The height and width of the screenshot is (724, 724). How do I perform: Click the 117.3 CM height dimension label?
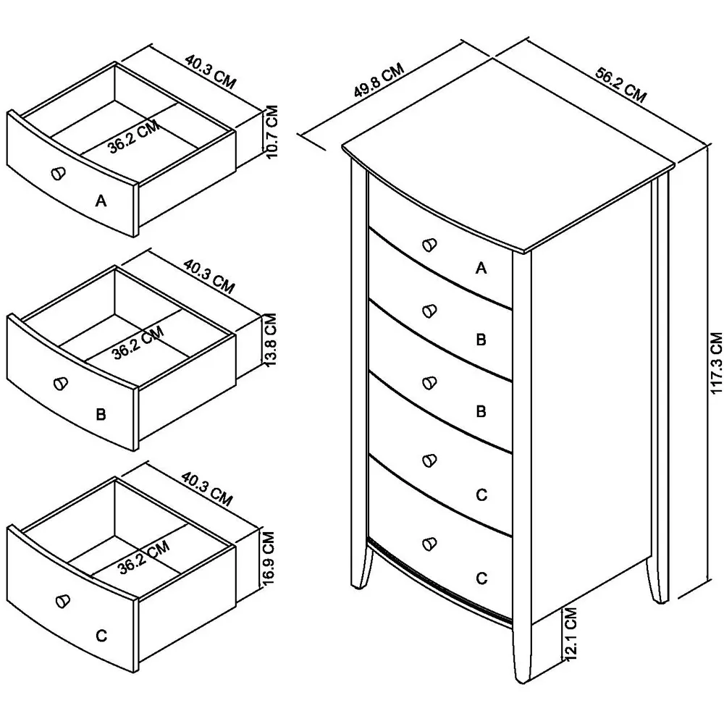click(716, 363)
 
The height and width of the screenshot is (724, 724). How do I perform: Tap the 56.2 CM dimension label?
click(620, 85)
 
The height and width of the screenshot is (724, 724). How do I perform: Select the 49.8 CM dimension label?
click(379, 80)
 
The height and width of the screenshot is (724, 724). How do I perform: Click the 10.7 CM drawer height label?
click(272, 132)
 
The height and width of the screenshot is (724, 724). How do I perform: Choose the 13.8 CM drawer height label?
click(271, 340)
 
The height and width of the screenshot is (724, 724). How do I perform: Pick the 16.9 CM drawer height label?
click(268, 558)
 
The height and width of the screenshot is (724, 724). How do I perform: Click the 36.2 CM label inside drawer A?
click(135, 137)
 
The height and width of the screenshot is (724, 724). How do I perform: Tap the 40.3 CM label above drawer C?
click(206, 489)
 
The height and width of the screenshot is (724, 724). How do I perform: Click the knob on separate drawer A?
click(58, 173)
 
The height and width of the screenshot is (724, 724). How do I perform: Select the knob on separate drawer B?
click(61, 384)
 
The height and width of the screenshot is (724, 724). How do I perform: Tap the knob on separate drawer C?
click(62, 600)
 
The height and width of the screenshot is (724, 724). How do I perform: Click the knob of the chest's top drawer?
click(429, 245)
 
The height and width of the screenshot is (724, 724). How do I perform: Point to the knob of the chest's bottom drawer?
click(429, 544)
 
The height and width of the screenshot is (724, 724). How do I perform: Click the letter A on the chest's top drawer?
click(481, 268)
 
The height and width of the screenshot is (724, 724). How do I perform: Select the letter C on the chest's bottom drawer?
click(481, 578)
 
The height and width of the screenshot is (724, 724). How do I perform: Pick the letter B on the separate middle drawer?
click(101, 414)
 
